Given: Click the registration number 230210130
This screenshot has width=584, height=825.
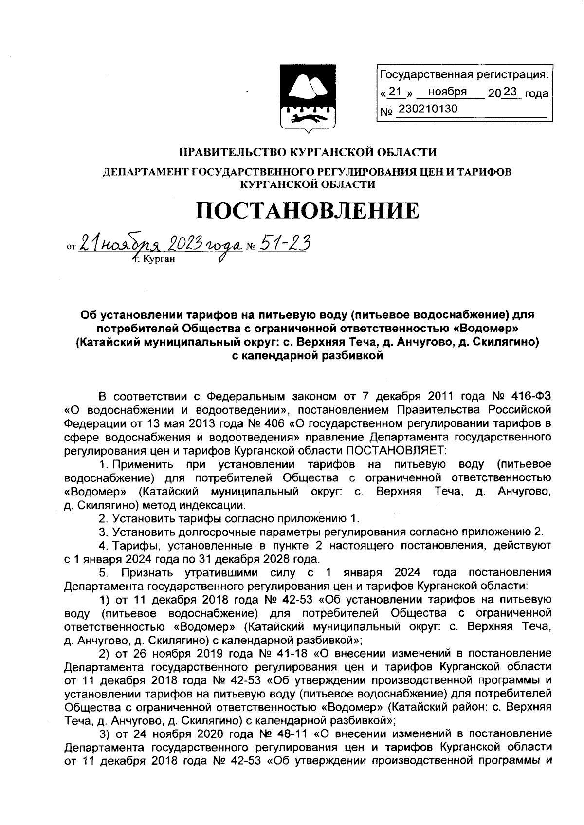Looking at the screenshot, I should pyautogui.click(x=428, y=109).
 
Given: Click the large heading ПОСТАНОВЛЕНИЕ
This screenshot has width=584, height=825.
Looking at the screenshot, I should pyautogui.click(x=307, y=210).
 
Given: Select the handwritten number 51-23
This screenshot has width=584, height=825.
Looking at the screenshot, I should pyautogui.click(x=283, y=241).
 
